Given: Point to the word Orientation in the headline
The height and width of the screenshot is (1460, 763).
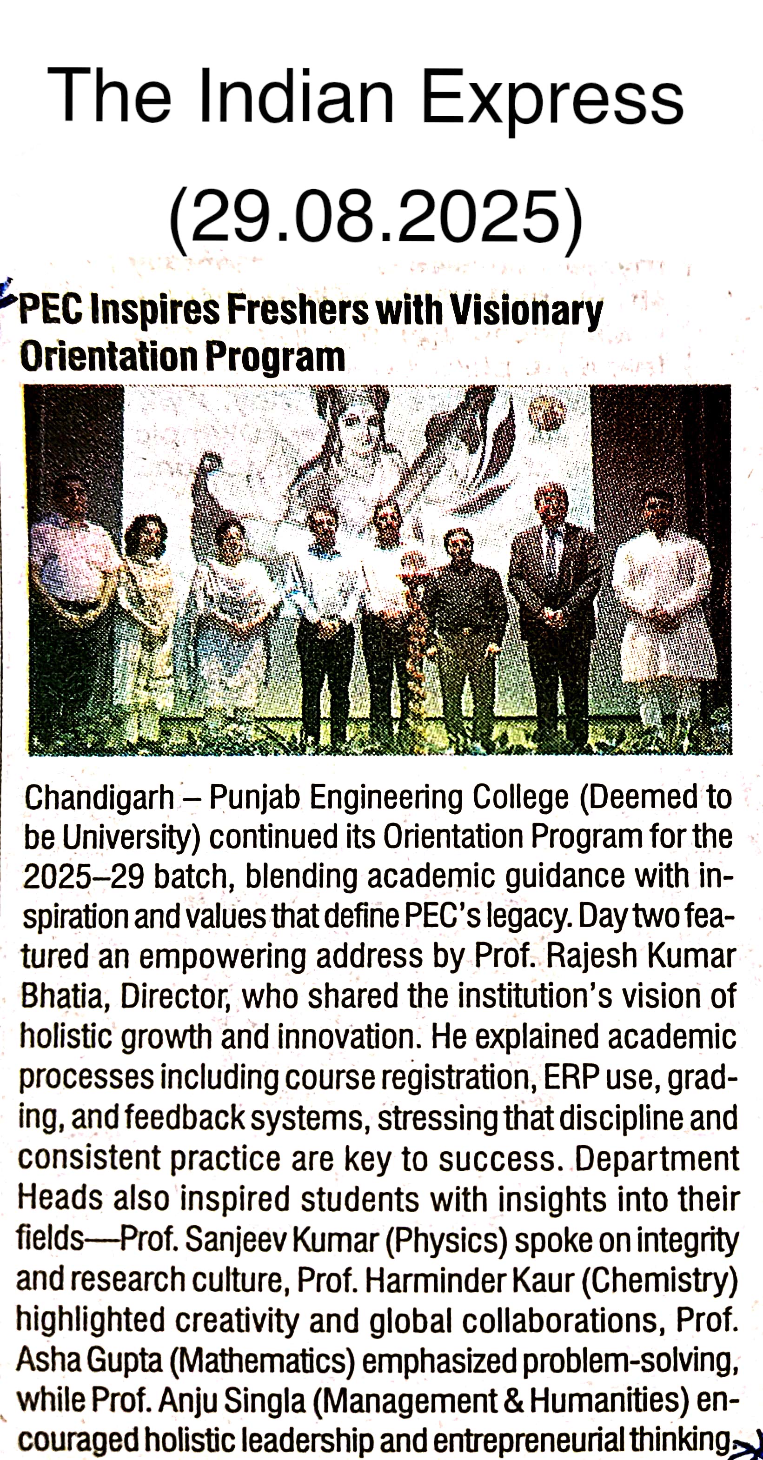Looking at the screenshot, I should tap(108, 357).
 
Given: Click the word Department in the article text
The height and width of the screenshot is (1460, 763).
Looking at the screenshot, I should tap(657, 1159).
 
